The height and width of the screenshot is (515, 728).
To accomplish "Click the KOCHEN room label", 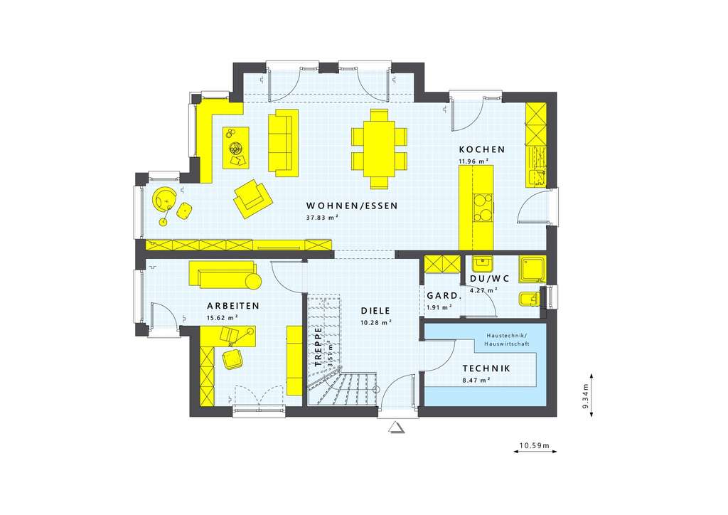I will tap(481, 149).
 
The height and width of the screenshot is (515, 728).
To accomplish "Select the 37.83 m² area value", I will tap(321, 218).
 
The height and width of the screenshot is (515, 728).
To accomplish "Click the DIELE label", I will tap(375, 310).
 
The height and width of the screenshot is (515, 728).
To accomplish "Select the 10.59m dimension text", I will tap(535, 446).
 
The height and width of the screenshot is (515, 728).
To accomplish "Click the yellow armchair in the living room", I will tap(252, 198).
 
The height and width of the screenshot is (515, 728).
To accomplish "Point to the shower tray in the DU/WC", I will tap(532, 269).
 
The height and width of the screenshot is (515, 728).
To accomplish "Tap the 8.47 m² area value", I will tap(476, 381).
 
